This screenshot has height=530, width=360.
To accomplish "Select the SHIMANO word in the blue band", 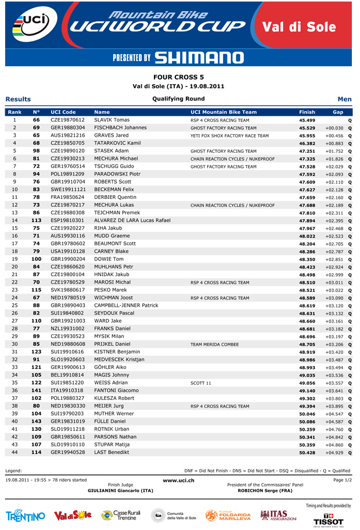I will click(x=199, y=58).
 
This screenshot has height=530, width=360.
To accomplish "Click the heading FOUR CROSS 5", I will click(x=178, y=77).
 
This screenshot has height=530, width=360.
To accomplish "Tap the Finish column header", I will click(x=307, y=112).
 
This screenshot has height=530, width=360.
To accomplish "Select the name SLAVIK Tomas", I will click(x=111, y=120).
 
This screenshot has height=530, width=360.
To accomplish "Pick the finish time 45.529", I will click(x=307, y=128).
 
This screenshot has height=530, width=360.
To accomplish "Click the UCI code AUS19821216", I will click(x=68, y=135).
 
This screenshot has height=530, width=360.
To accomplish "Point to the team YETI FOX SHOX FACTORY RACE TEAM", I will click(x=229, y=135).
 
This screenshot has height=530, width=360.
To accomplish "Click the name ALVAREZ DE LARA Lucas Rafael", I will click(x=132, y=221).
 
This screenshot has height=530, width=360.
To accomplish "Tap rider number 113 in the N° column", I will click(x=36, y=221).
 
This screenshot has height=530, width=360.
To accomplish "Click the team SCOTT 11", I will click(x=201, y=384).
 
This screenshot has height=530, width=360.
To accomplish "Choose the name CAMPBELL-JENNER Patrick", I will click(x=126, y=306).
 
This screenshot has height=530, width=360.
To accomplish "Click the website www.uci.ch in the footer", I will click(x=178, y=480).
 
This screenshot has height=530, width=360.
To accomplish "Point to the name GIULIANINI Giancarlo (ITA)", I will click(x=120, y=490).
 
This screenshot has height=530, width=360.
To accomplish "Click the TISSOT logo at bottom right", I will click(x=328, y=517).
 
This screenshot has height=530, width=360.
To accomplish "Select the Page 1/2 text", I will click(x=342, y=480).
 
